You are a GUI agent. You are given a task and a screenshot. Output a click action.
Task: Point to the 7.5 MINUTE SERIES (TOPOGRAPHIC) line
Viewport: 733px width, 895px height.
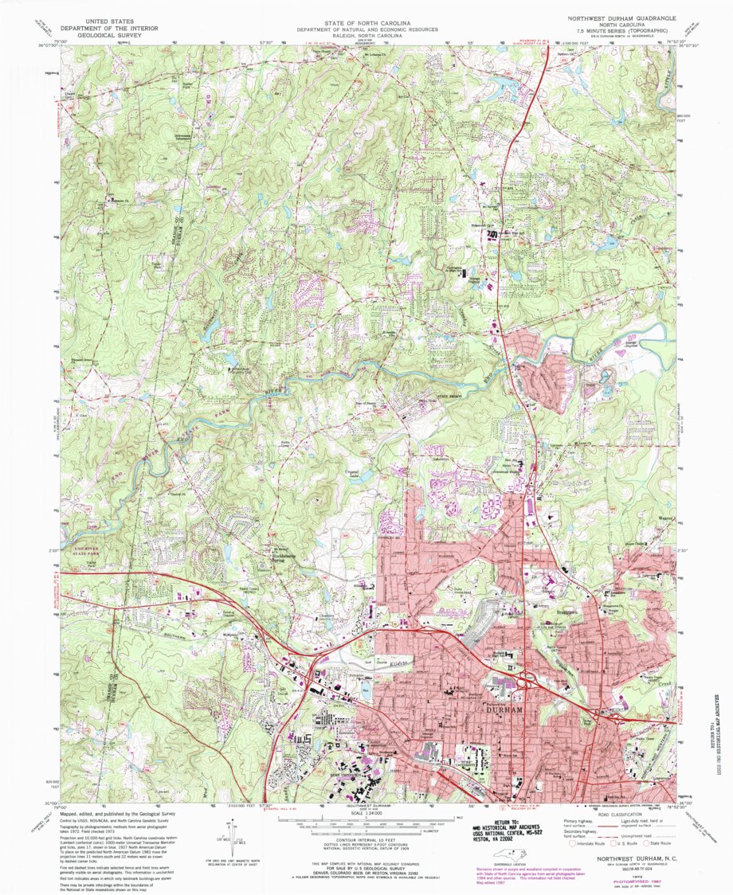click(613, 31)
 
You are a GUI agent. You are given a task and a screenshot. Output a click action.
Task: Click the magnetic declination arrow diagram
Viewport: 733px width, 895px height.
click(237, 844)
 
